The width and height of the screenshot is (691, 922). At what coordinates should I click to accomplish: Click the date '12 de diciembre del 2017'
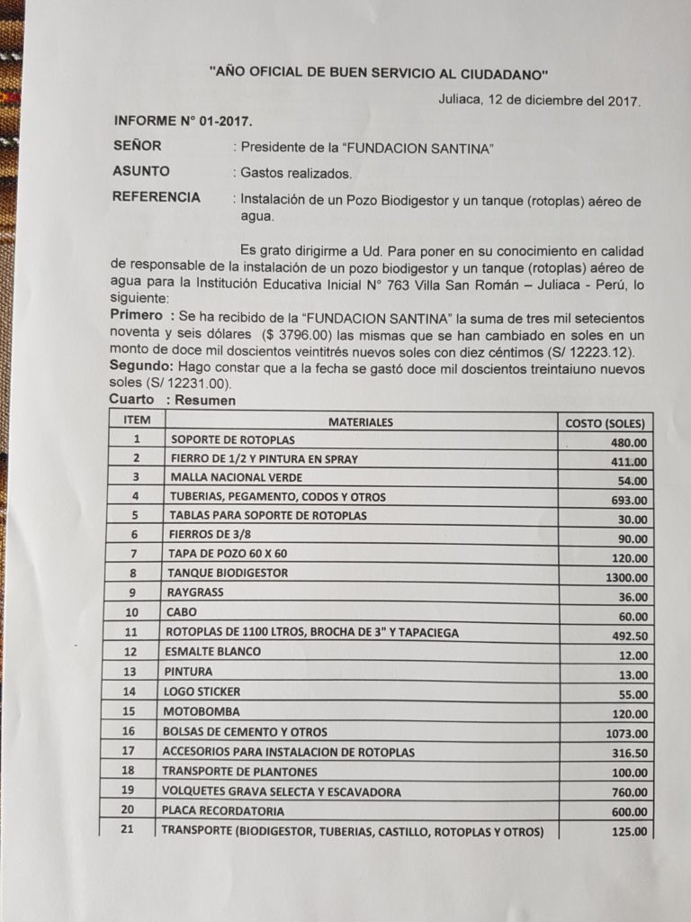pyautogui.click(x=565, y=101)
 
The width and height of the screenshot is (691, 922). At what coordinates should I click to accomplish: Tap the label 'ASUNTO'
pyautogui.click(x=141, y=171)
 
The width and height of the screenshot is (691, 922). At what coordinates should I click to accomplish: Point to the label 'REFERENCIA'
pyautogui.click(x=156, y=197)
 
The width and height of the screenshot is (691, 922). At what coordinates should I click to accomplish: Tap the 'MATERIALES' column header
pyautogui.click(x=360, y=421)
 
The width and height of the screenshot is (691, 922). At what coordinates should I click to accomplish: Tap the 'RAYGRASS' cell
pyautogui.click(x=194, y=593)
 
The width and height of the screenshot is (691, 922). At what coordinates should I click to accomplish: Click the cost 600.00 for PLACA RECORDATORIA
pyautogui.click(x=628, y=812)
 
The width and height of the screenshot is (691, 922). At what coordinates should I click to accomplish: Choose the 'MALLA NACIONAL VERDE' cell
pyautogui.click(x=237, y=477)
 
